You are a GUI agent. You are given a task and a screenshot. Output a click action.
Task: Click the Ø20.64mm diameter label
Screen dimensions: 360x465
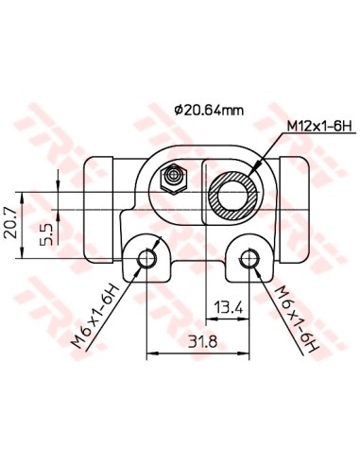(x=209, y=111)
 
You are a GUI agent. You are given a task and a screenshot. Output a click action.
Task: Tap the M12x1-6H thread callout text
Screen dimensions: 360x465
(x=319, y=127)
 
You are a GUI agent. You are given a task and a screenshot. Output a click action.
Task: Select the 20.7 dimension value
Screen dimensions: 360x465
(x=9, y=223)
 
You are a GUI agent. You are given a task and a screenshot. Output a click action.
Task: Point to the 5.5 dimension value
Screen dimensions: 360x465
(x=45, y=234)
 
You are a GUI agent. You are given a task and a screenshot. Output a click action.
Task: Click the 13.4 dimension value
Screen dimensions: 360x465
(x=229, y=307)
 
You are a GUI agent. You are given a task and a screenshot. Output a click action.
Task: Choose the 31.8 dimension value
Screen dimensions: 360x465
(x=202, y=341)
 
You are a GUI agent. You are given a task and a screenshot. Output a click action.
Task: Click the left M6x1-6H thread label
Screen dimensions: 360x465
(x=95, y=317)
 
